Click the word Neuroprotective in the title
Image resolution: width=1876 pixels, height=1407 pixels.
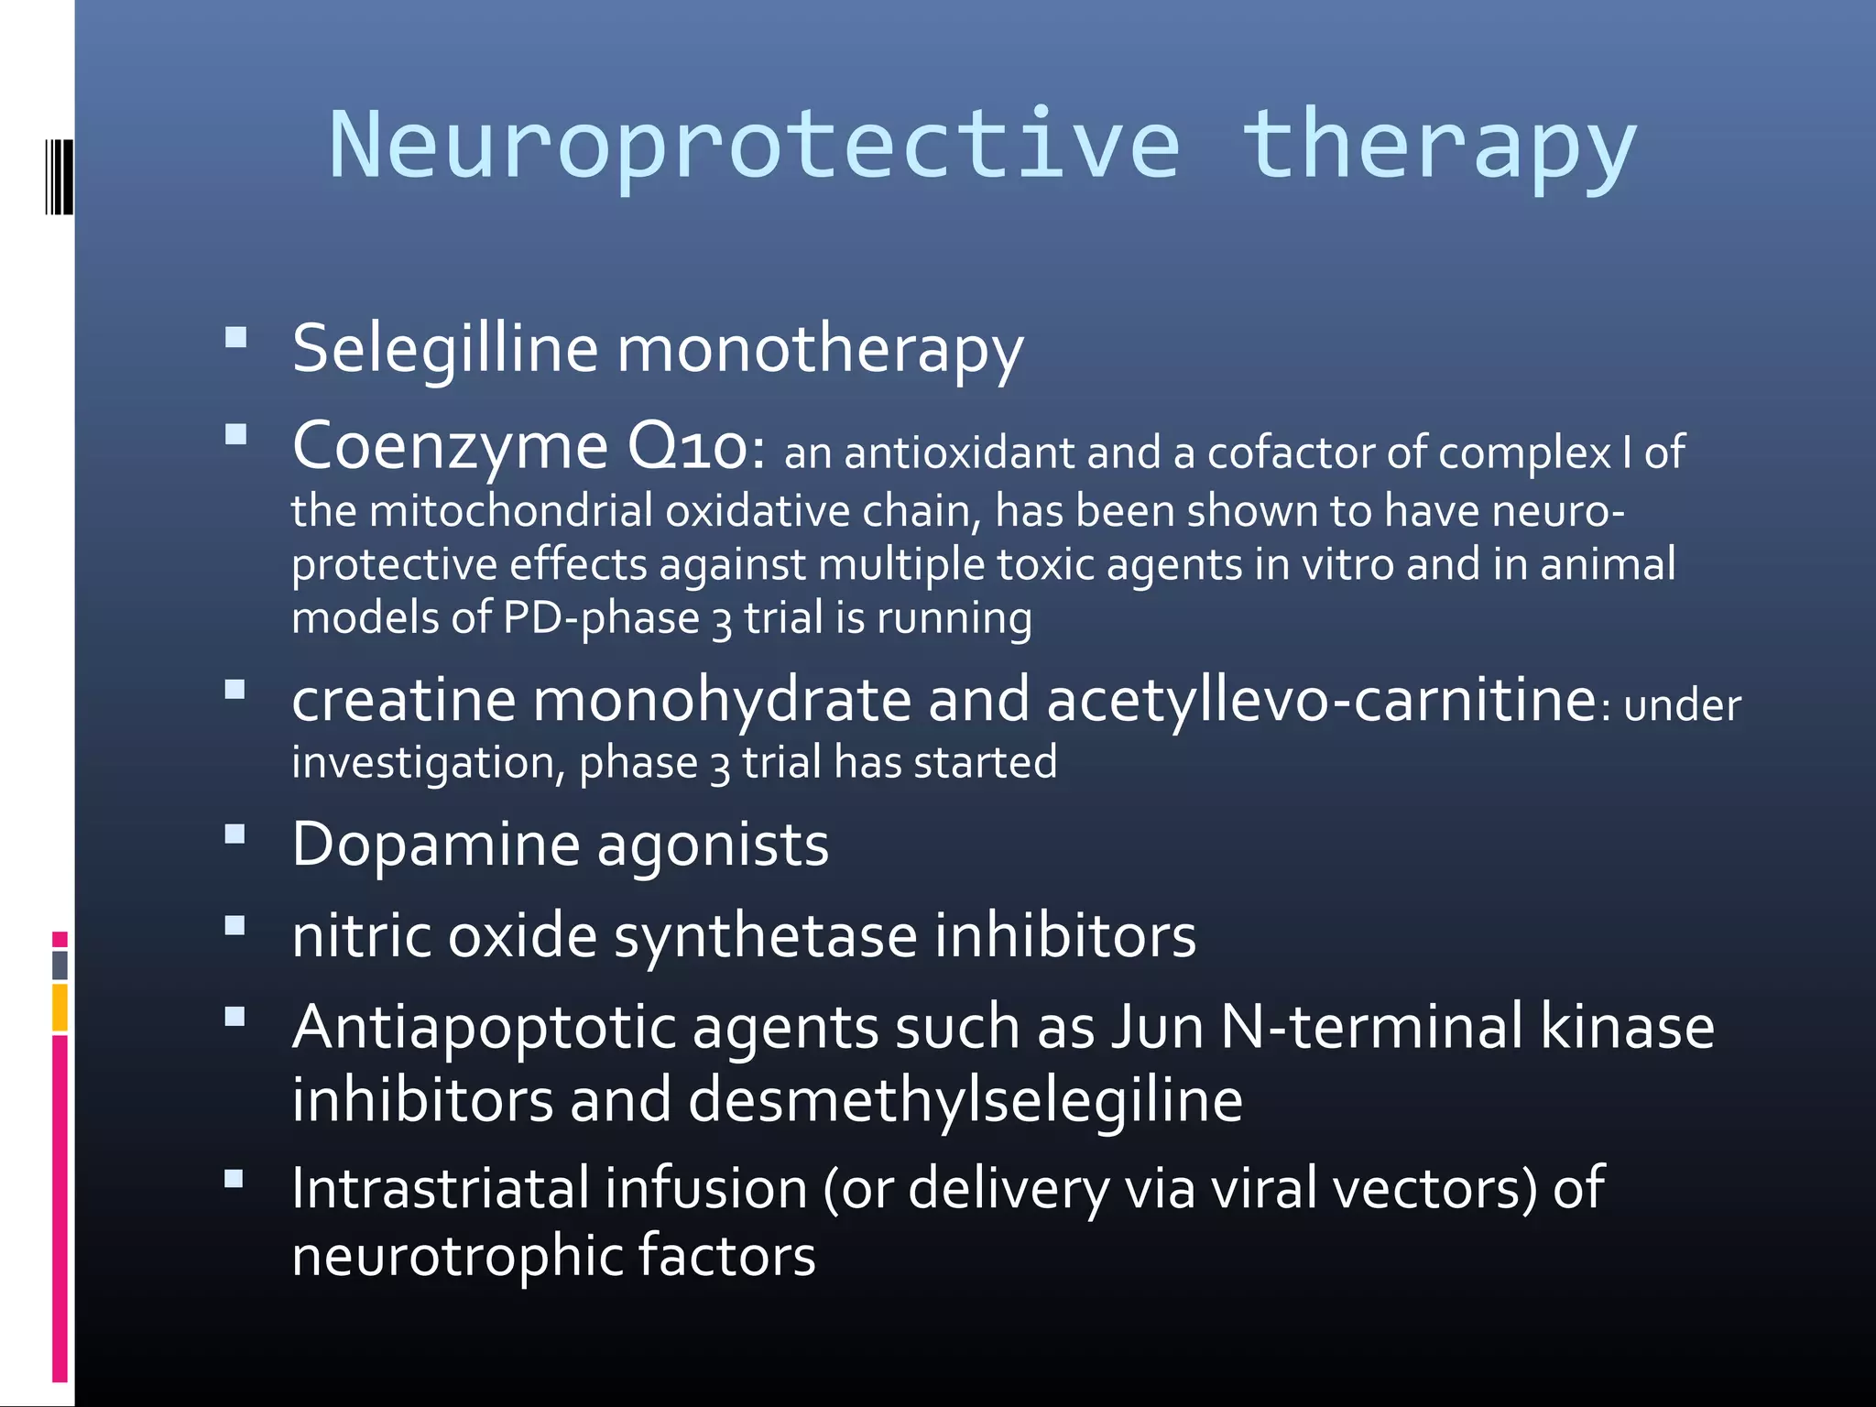pyautogui.click(x=754, y=147)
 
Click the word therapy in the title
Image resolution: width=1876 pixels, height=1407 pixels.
pyautogui.click(x=1438, y=147)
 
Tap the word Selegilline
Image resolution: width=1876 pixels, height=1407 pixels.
pyautogui.click(x=445, y=350)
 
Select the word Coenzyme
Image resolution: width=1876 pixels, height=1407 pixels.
pyautogui.click(x=450, y=446)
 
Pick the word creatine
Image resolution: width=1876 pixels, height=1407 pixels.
pyautogui.click(x=404, y=701)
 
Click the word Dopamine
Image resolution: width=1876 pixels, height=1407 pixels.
pyautogui.click(x=436, y=844)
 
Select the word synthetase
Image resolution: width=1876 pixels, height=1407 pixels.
pyautogui.click(x=765, y=937)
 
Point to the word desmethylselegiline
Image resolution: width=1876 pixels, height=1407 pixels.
pyautogui.click(x=965, y=1099)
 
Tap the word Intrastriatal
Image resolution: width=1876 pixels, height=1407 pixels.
pyautogui.click(x=440, y=1188)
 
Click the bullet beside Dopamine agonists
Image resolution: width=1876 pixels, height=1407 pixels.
pyautogui.click(x=235, y=834)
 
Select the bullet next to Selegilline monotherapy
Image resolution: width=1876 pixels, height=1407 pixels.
pyautogui.click(x=235, y=338)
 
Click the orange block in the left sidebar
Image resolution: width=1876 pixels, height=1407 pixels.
pyautogui.click(x=60, y=1008)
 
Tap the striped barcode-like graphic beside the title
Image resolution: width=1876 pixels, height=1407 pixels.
pyautogui.click(x=59, y=177)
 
